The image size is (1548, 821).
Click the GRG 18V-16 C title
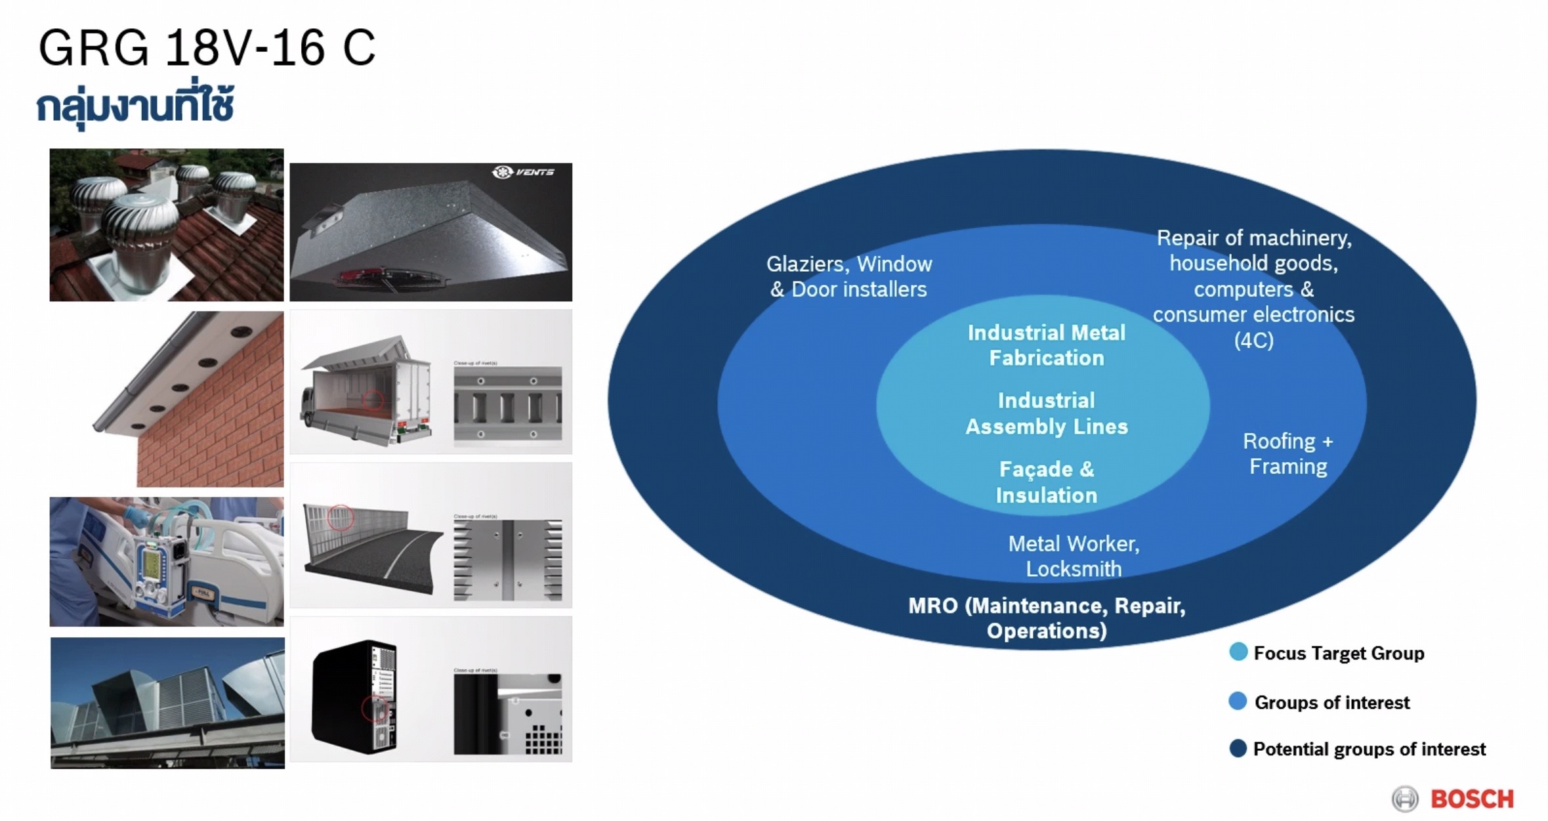point(207,48)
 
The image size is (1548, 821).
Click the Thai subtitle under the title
point(135,106)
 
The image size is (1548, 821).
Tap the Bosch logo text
point(1472,799)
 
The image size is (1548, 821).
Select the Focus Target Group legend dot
point(1238,652)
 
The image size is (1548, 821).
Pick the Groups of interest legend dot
point(1238,701)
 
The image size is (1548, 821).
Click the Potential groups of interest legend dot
point(1238,748)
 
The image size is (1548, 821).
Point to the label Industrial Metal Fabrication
point(1046,345)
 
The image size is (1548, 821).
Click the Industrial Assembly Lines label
point(1046,413)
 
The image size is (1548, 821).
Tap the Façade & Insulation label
point(1046,482)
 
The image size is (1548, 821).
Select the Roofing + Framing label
point(1287,453)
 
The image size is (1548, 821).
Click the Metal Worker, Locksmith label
point(1074,556)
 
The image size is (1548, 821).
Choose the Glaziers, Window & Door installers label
point(848,276)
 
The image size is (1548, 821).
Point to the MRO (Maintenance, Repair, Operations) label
point(1046,618)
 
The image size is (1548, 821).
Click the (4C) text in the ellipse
point(1253,341)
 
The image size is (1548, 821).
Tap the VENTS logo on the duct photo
point(524,172)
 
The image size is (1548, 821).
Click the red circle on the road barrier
point(340,518)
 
